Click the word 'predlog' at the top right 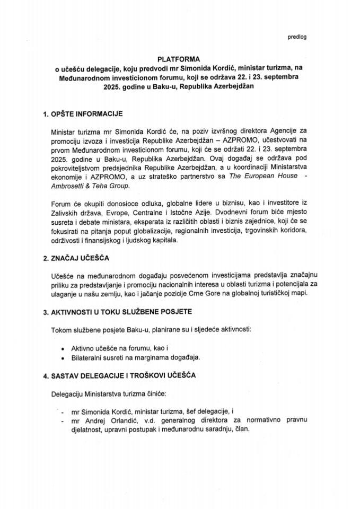click(x=297, y=37)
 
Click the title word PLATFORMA click(x=180, y=59)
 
